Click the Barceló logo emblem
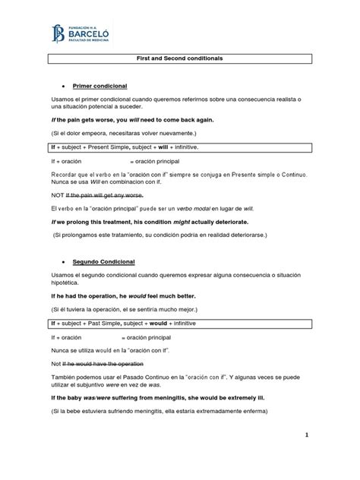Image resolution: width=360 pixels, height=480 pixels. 58,33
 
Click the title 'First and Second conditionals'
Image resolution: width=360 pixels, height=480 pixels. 180,58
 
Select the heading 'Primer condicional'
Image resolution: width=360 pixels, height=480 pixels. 99,86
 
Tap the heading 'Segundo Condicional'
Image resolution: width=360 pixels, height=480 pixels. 103,261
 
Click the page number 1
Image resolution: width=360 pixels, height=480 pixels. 308,435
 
